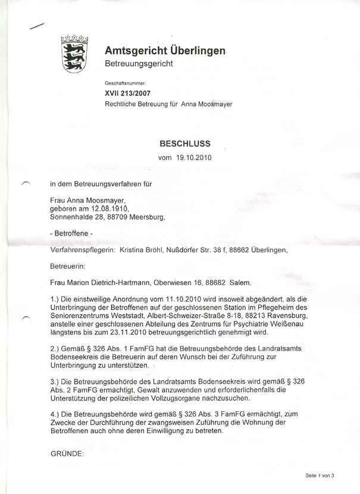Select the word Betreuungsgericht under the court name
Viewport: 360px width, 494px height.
[x=138, y=64]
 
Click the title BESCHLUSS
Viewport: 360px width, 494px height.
[x=184, y=143]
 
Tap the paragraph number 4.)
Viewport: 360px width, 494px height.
[x=57, y=413]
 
